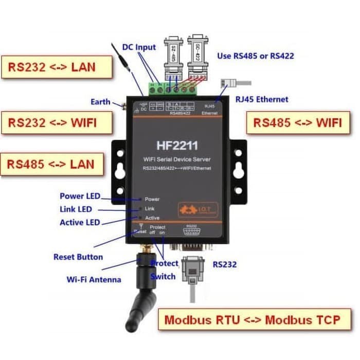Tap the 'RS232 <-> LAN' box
(x=56, y=67)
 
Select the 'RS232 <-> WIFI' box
(x=56, y=122)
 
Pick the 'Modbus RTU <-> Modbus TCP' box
(x=251, y=319)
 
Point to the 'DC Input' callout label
(x=139, y=47)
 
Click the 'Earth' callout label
(x=100, y=102)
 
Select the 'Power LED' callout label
(x=80, y=196)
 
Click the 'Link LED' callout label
(x=76, y=209)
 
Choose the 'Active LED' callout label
(x=80, y=223)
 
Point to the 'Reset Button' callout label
(x=78, y=257)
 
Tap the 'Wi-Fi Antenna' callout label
(x=94, y=279)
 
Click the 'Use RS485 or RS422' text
(x=256, y=56)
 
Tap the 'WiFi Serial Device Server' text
(x=176, y=159)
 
